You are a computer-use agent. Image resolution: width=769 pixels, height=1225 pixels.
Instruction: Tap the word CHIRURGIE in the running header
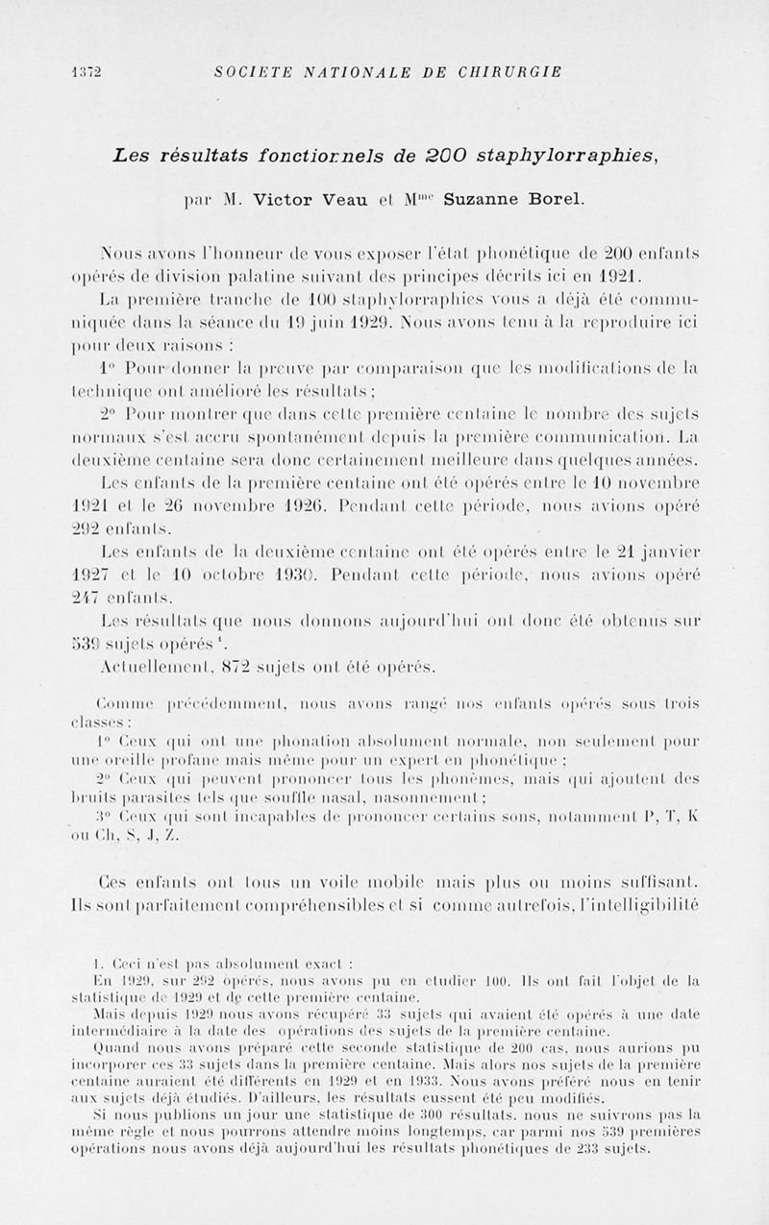510,71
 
